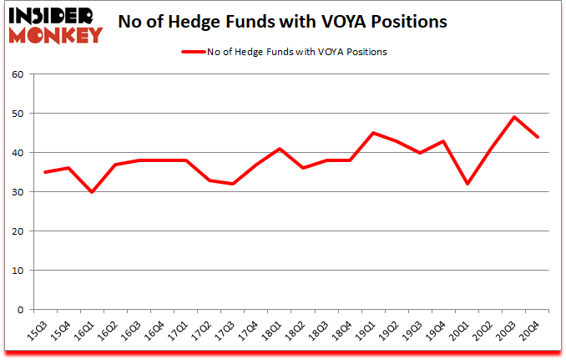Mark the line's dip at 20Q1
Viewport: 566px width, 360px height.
(468, 184)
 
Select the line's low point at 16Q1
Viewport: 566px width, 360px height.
(91, 192)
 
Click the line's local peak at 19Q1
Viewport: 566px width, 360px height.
(374, 133)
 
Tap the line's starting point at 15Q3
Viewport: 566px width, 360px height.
(44, 172)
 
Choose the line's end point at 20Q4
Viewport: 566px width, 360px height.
(538, 137)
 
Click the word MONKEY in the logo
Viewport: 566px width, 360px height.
(56, 35)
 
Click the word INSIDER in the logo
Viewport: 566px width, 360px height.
(53, 15)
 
